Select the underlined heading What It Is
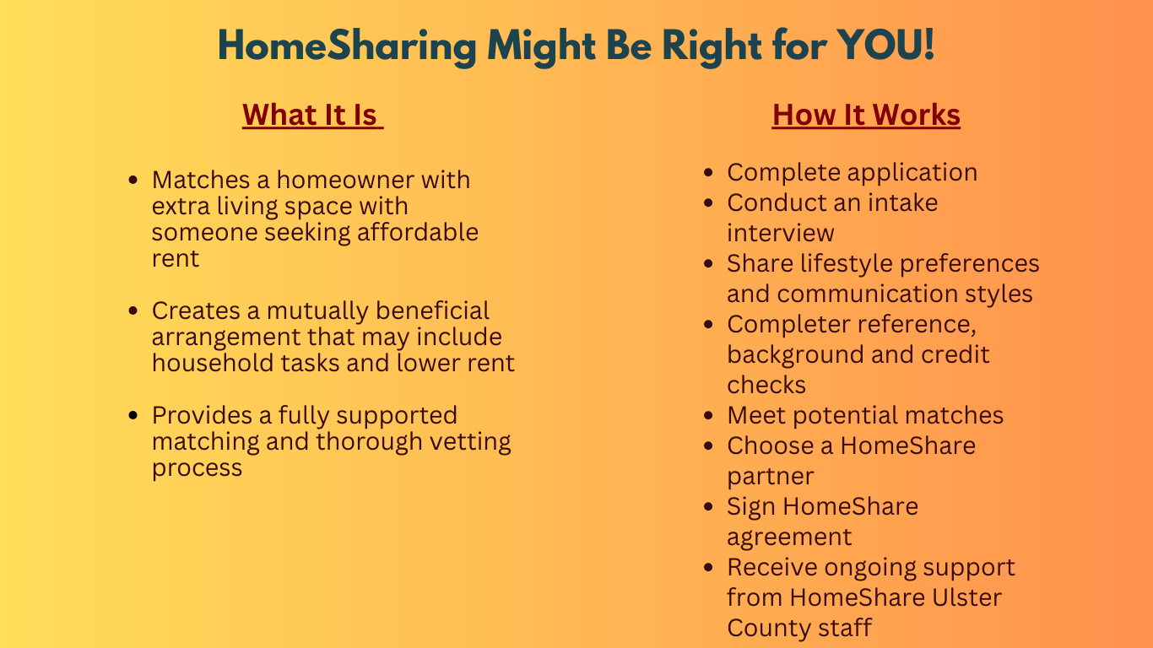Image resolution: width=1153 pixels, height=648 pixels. (312, 115)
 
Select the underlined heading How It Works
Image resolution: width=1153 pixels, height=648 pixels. (866, 115)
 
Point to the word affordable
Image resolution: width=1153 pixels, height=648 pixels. (417, 232)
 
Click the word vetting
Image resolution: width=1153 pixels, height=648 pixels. (468, 441)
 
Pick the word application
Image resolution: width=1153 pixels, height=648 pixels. (912, 172)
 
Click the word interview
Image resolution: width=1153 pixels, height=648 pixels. (781, 233)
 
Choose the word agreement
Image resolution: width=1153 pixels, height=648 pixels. (789, 537)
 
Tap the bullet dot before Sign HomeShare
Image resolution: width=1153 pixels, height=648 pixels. (711, 507)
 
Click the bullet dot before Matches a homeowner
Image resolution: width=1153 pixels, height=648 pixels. (133, 181)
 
